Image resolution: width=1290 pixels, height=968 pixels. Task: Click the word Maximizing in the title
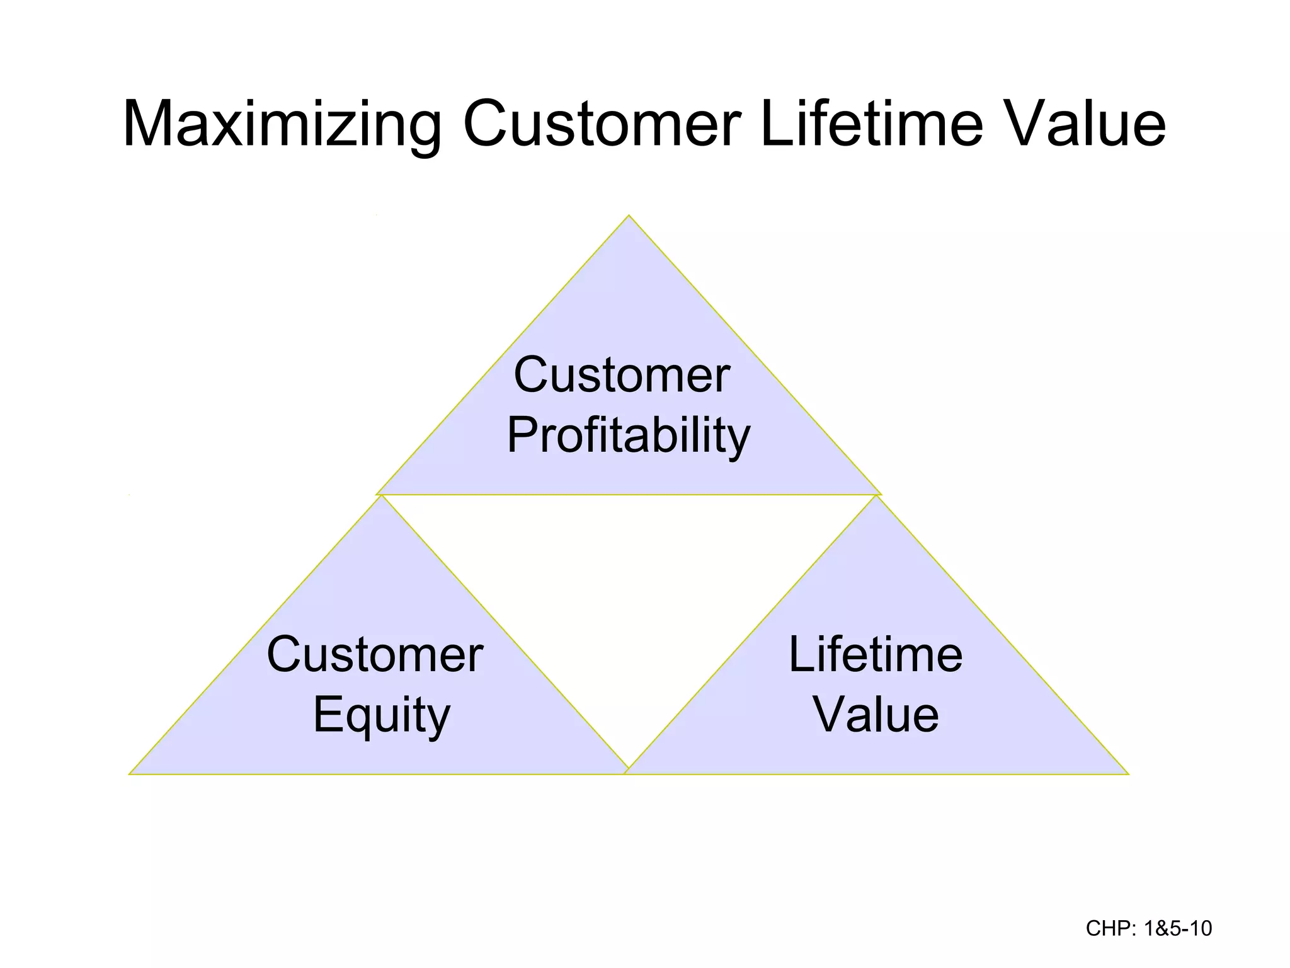282,125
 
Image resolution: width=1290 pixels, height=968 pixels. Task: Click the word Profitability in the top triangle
629,436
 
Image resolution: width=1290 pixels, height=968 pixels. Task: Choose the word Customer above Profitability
622,376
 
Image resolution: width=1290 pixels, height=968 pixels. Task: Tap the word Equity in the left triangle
382,715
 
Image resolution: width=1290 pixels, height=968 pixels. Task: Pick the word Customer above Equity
375,655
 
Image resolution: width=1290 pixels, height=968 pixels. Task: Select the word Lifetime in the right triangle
876,655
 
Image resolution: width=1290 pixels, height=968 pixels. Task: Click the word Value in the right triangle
876,715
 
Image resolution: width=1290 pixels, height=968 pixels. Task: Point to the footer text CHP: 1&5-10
1148,928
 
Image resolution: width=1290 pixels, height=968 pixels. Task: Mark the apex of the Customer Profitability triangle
629,216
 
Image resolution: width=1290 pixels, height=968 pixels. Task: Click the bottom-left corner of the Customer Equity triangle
130,773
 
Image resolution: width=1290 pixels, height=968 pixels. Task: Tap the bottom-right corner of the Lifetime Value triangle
1127,773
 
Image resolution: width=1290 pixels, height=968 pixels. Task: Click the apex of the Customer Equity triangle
381,497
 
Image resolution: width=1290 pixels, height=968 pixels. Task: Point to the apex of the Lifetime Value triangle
876,497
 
